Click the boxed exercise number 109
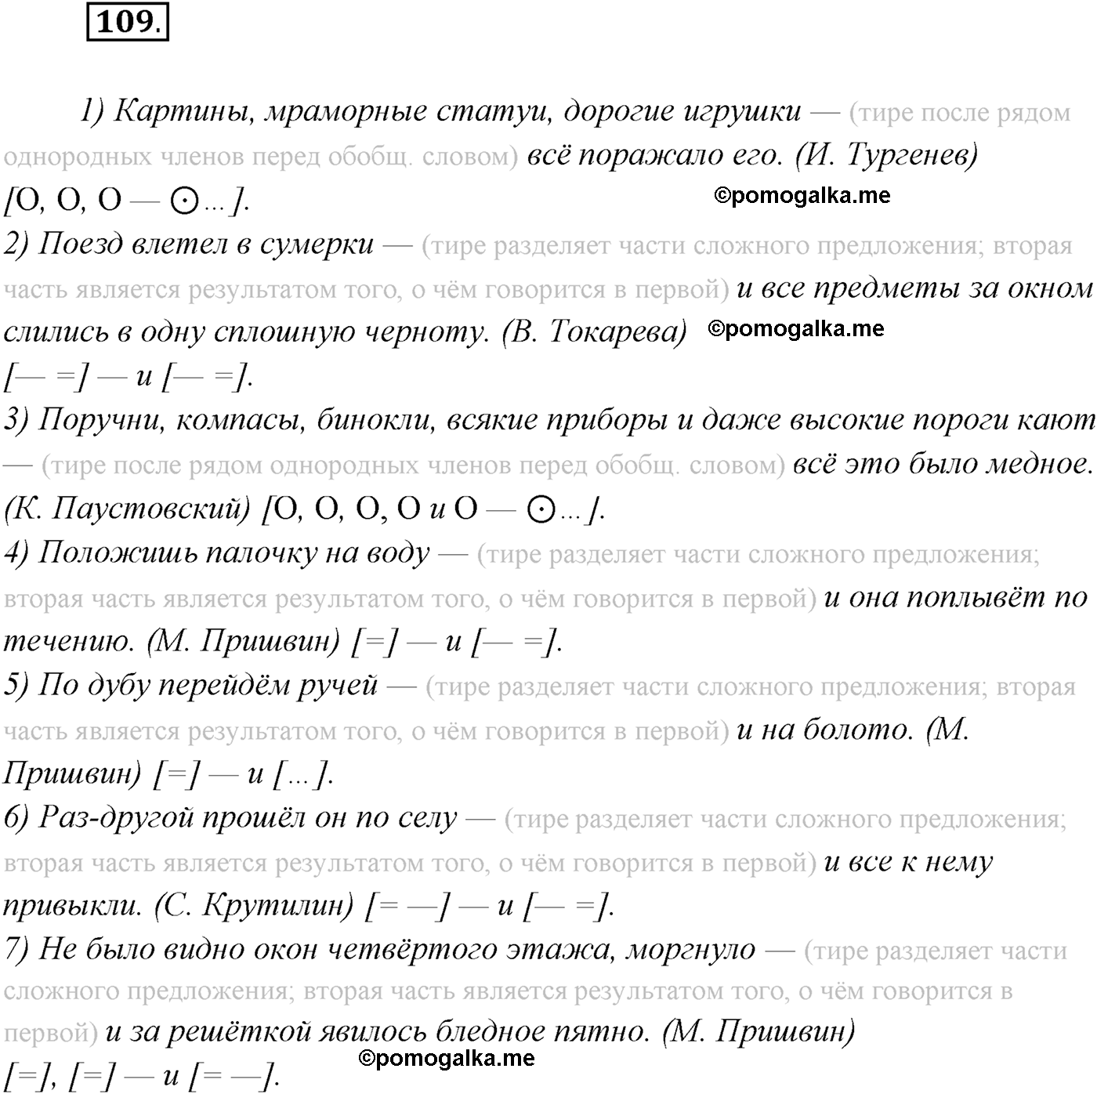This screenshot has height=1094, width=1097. coord(126,21)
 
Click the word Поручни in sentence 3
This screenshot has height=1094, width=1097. coord(101,421)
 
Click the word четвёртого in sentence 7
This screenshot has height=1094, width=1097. coord(413,950)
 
